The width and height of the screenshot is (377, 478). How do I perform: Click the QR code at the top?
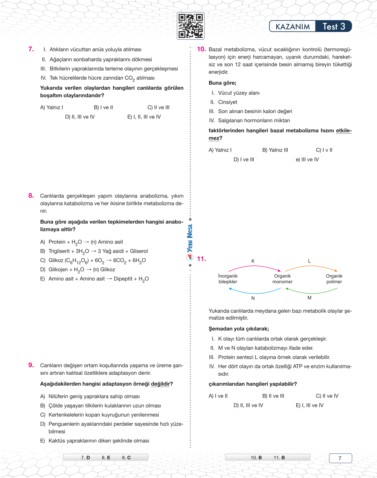click(191, 26)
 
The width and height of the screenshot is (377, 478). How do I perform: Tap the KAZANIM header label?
click(292, 27)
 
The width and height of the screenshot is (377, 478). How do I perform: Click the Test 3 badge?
click(334, 27)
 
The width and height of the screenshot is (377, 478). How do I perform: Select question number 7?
click(31, 49)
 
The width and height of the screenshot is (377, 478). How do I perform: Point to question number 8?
click(31, 195)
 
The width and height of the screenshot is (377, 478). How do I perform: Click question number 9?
click(31, 365)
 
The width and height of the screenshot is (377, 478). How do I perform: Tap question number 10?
click(201, 49)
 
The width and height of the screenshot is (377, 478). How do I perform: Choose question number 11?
click(201, 259)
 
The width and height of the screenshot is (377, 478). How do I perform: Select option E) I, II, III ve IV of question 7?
click(144, 117)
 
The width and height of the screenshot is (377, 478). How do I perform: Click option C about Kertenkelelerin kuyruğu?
click(100, 415)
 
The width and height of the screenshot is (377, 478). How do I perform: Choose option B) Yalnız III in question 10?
click(275, 150)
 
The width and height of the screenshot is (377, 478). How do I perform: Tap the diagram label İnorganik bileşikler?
click(228, 279)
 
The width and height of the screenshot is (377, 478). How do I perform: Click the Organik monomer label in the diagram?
click(282, 279)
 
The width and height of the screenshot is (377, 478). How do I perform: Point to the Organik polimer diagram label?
click(334, 279)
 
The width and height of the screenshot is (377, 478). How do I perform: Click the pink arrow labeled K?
click(255, 267)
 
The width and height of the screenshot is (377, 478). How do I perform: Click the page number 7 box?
click(340, 458)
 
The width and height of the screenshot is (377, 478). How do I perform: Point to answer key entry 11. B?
click(279, 458)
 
